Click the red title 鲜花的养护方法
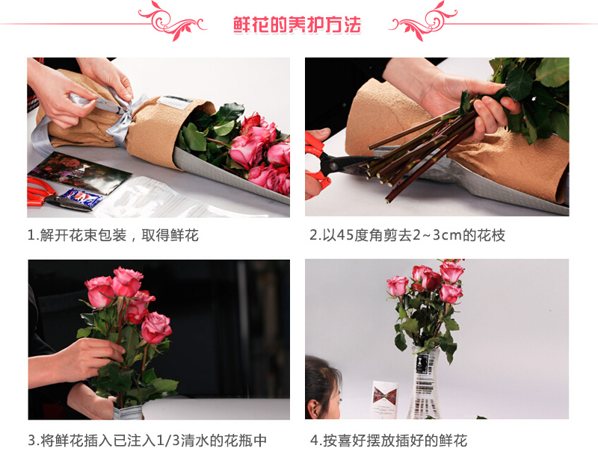[x=297, y=25]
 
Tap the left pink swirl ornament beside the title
[x=173, y=21]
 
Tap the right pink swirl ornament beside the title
[x=422, y=21]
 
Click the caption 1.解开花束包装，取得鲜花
[x=113, y=235]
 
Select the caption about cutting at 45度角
[x=407, y=235]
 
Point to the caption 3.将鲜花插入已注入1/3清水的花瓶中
[x=147, y=440]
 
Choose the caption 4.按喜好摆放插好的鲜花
[x=389, y=440]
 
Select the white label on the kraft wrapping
[x=175, y=102]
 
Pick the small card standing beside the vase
[x=384, y=399]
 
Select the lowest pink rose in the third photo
[x=155, y=328]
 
